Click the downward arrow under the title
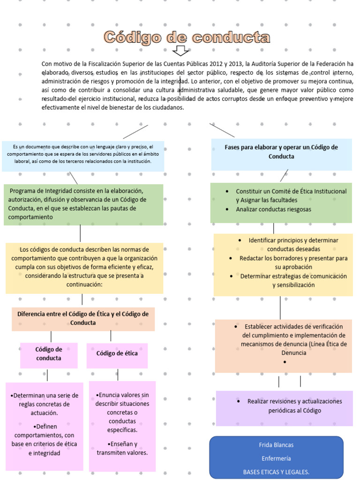point(180,51)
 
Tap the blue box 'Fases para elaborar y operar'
point(281,152)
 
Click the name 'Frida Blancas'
point(276,445)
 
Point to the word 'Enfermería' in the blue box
point(276,458)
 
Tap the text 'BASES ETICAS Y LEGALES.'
point(276,472)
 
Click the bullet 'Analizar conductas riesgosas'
point(273,210)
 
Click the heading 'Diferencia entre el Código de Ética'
point(83,318)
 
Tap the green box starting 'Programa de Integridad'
point(83,204)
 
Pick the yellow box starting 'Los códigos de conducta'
point(84,267)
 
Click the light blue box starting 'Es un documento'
point(82,154)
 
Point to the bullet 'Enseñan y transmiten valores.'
point(122,448)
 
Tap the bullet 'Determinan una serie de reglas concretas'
point(45,404)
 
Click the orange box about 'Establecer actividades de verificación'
point(284,339)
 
